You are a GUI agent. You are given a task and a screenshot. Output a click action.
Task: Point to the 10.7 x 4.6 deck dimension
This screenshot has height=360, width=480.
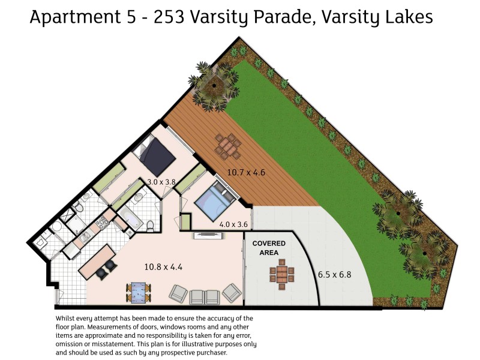point(246,173)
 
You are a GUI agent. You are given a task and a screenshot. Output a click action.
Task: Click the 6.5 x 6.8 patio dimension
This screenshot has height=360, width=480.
point(334,275)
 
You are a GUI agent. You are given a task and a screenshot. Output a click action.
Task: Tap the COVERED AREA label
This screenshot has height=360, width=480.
point(268,248)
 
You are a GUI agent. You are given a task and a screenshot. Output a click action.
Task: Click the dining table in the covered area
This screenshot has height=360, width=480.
point(281,275)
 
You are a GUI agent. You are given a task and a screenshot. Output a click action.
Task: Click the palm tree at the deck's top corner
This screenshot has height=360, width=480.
point(211,85)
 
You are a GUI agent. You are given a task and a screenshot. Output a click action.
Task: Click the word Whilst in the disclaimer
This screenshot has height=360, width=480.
point(67,318)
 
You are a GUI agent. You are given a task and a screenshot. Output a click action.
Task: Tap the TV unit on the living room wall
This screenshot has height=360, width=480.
point(207,236)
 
